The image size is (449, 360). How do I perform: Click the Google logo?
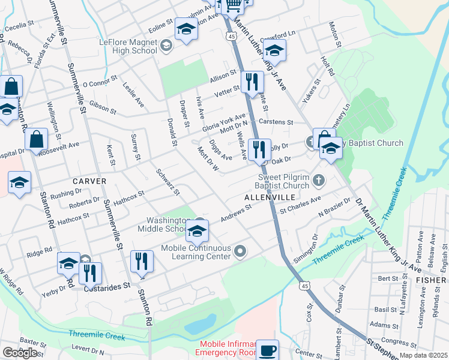20,353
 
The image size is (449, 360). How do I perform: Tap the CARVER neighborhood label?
89,181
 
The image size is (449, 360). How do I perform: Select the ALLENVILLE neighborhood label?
268,197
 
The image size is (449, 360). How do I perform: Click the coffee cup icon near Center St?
267,350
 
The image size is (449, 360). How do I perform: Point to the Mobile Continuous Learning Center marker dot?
240,251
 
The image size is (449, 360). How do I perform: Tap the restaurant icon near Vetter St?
251,81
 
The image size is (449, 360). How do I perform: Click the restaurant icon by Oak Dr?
259,149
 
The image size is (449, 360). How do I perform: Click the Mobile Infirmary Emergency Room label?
228,349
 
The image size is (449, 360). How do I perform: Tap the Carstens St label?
277,122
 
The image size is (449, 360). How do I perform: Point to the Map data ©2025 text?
423,355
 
